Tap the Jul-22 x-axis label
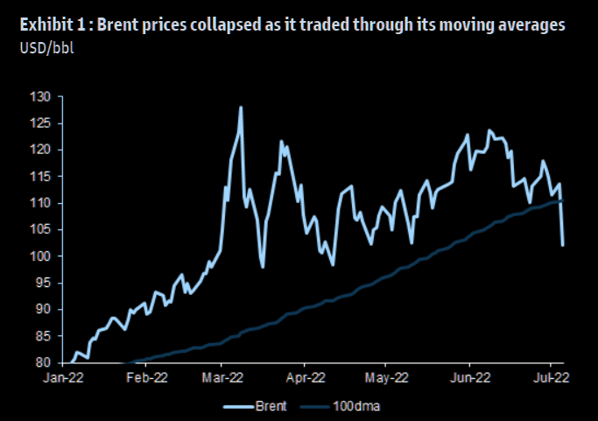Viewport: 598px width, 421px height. (551, 378)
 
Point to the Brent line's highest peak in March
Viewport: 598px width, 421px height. (241, 108)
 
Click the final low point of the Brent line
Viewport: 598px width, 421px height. (562, 245)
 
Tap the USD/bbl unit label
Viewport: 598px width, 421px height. (46, 45)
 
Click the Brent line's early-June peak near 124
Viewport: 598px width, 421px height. (489, 130)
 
